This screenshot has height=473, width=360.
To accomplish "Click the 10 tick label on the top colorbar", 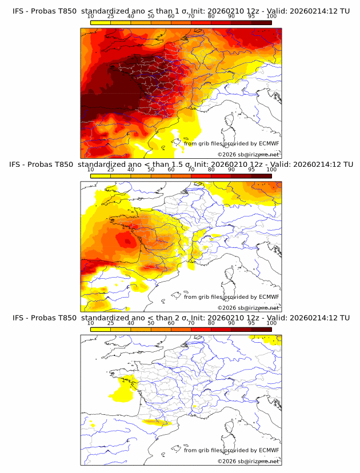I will click(91, 17).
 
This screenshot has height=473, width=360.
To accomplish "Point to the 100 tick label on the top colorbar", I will click(271, 17).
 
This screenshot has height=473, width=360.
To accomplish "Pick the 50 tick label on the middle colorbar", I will click(151, 170).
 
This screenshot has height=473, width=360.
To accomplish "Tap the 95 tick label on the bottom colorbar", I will click(251, 323).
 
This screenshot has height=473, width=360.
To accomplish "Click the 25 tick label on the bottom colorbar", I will click(111, 323).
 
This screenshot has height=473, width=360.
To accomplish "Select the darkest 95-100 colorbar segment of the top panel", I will click(262, 22).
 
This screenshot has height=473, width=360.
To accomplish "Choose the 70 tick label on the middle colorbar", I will click(191, 170).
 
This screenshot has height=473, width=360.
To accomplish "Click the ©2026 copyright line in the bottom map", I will click(248, 460).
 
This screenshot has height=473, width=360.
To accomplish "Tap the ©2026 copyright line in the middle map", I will click(248, 307).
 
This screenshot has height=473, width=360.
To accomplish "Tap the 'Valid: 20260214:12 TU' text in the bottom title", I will click(309, 318).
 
